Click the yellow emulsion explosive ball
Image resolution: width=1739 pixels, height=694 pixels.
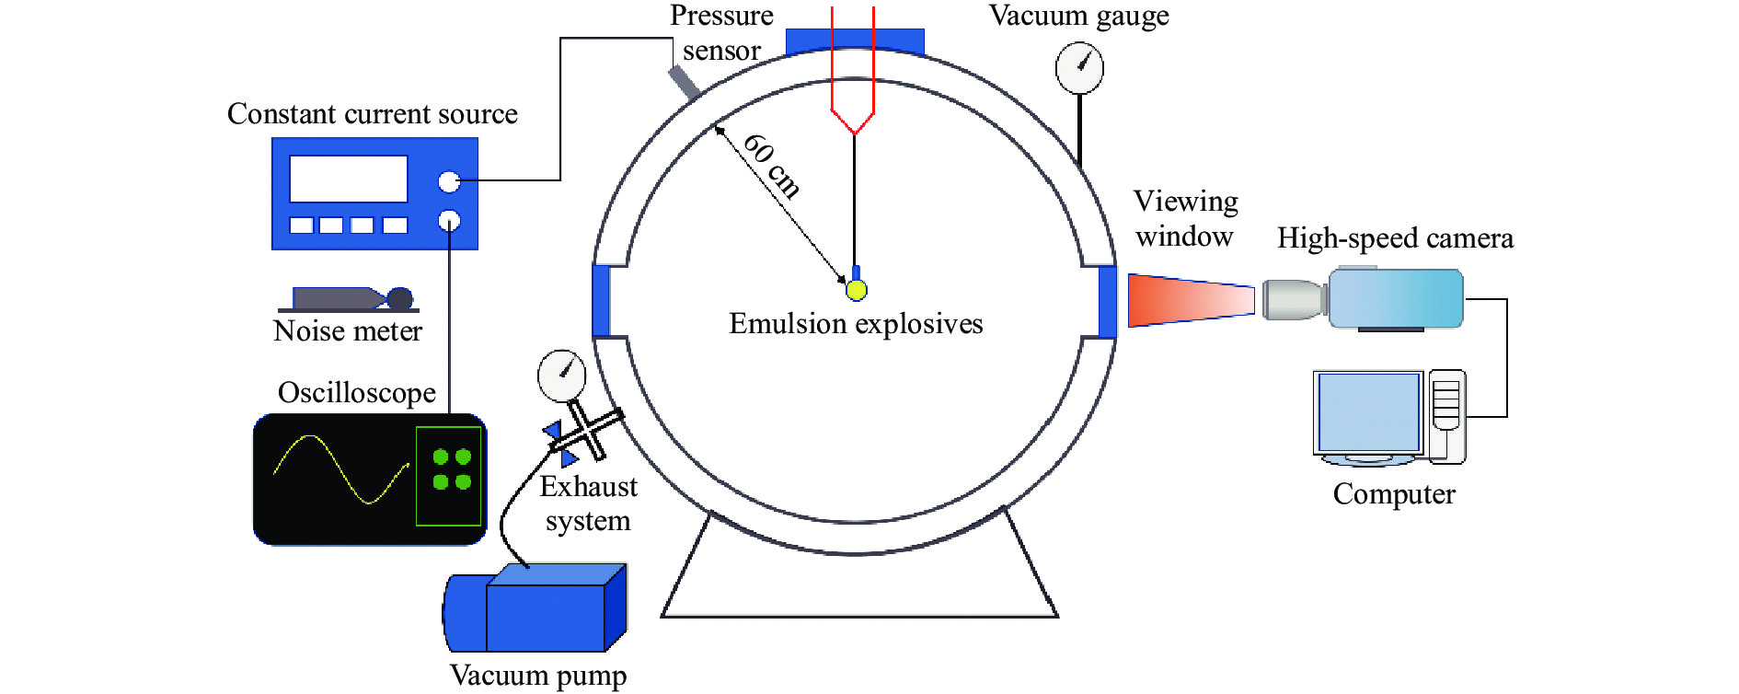856,290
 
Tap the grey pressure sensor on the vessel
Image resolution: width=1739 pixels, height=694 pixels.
684,81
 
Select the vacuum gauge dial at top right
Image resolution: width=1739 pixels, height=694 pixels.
1078,68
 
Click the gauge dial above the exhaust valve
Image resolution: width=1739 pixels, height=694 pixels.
561,376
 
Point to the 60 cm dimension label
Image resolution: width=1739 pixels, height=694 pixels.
771,165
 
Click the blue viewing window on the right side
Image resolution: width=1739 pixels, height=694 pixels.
1108,301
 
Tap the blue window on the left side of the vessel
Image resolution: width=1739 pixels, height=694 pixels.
601,301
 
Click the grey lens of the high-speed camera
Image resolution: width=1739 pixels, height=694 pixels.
1294,299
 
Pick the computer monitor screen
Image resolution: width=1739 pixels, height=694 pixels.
1368,411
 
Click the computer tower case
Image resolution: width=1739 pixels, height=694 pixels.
1446,415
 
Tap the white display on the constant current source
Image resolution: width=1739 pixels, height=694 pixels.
348,179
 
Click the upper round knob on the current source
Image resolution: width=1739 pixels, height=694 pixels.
449,182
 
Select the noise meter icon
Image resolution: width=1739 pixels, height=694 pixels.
350,299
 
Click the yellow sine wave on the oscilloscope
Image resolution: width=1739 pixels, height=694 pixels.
340,469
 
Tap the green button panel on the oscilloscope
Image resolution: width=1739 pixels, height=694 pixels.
449,475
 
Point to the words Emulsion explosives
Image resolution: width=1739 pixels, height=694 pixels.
856,324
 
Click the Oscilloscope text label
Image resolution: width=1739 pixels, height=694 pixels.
357,393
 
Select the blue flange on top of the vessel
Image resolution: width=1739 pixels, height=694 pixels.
855,41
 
